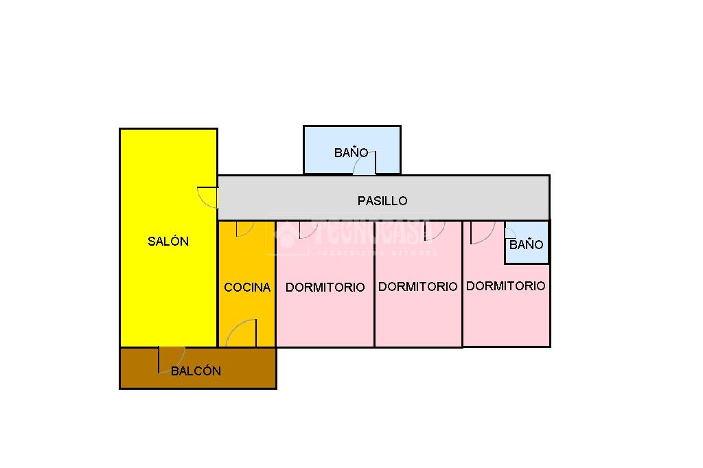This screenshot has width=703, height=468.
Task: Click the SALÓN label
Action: pyautogui.click(x=168, y=242)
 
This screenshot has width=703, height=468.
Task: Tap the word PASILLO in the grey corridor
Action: pyautogui.click(x=382, y=201)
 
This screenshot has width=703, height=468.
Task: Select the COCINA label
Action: pyautogui.click(x=247, y=288)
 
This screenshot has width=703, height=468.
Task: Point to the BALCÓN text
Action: pyautogui.click(x=196, y=371)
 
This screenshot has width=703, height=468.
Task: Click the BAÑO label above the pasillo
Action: pyautogui.click(x=351, y=153)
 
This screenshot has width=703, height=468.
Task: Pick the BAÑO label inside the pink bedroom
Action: pyautogui.click(x=527, y=245)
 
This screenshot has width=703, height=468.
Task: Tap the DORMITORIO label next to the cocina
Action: pyautogui.click(x=325, y=288)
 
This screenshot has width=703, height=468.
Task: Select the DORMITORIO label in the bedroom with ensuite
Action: pyautogui.click(x=506, y=286)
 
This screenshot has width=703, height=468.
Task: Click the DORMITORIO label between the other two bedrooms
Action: pyautogui.click(x=417, y=287)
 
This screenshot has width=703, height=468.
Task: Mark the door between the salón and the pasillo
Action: pyautogui.click(x=207, y=196)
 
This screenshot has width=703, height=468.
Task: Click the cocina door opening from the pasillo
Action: pyautogui.click(x=244, y=229)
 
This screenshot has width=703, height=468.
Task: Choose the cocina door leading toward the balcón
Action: pyautogui.click(x=242, y=334)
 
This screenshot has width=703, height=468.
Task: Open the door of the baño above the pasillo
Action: pyautogui.click(x=365, y=164)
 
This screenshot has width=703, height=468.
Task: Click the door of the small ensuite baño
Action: pyautogui.click(x=510, y=231)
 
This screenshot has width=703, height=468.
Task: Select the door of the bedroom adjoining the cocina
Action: pyautogui.click(x=307, y=230)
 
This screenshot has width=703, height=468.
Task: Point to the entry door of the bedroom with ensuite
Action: pyautogui.click(x=481, y=232)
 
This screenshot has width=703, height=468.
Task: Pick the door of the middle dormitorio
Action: pyautogui.click(x=435, y=230)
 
